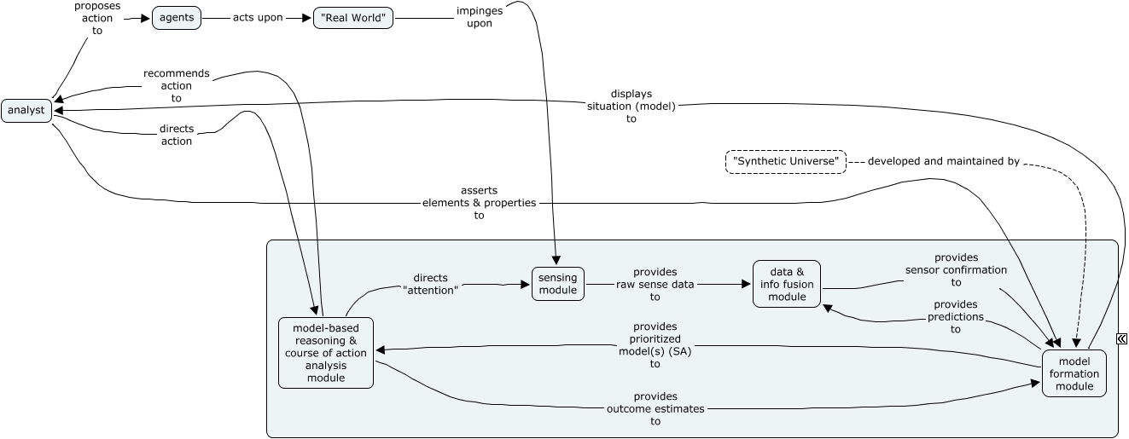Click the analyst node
[x=26, y=111]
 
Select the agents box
[x=177, y=18]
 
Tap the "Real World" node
[x=352, y=18]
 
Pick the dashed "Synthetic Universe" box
[x=786, y=161]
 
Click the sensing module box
[x=557, y=284]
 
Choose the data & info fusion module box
[x=787, y=284]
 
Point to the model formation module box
[x=1074, y=373]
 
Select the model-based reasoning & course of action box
[x=326, y=352]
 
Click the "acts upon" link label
[x=258, y=18]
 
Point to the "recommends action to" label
[x=176, y=86]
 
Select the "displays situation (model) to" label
[x=631, y=106]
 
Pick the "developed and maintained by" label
[x=943, y=161]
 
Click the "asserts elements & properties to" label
[x=479, y=203]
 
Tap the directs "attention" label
[x=430, y=284]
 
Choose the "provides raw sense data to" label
[x=655, y=284]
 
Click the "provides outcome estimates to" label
[x=655, y=408]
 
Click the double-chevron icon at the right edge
[x=1121, y=338]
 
